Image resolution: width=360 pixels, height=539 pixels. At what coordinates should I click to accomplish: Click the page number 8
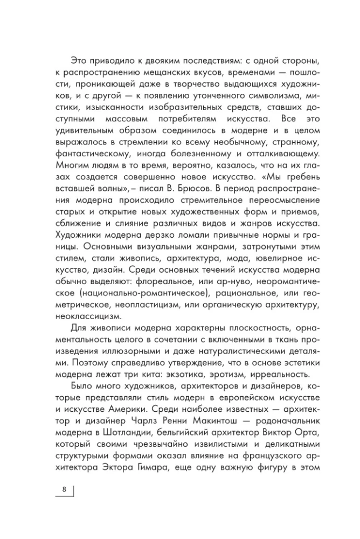(64, 489)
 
